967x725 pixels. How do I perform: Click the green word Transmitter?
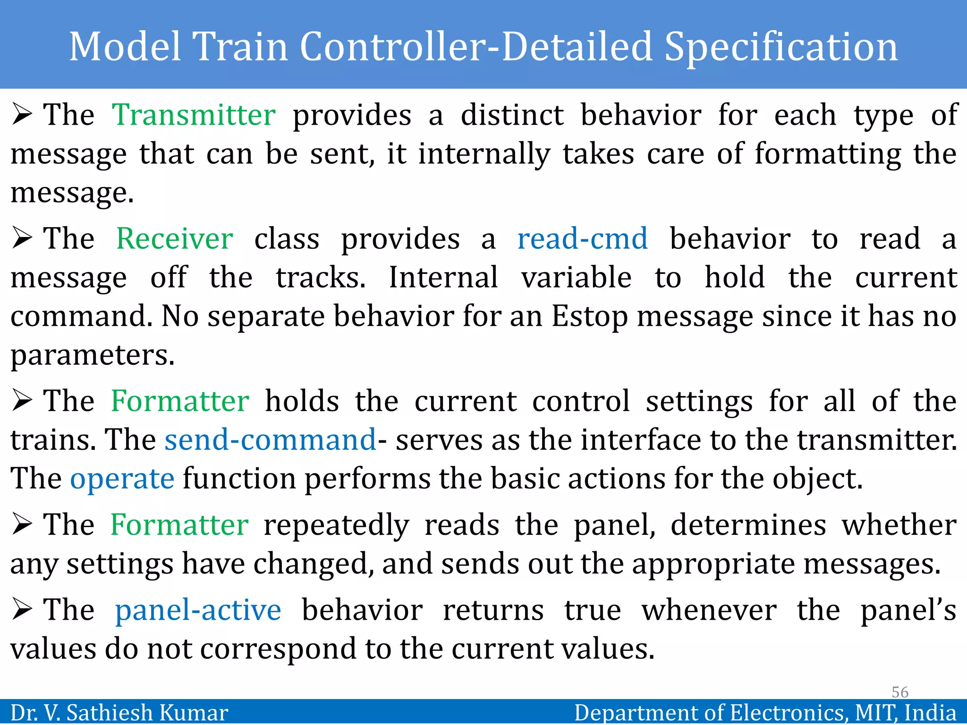tap(194, 115)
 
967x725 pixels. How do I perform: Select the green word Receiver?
tap(174, 238)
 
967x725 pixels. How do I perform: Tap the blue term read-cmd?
tap(582, 238)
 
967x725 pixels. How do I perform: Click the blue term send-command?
tap(270, 440)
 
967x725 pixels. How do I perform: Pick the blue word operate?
tap(122, 479)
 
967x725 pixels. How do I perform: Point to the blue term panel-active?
tap(198, 610)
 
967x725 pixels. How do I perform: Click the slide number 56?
tap(899, 692)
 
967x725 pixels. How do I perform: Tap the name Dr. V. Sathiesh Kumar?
tap(119, 713)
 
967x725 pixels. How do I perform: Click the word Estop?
tap(589, 316)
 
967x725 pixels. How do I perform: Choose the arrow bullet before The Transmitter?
tap(22, 115)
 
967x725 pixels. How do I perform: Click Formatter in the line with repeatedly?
tap(179, 525)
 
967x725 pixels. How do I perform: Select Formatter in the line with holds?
tap(180, 401)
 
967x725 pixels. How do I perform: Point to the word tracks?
tap(320, 278)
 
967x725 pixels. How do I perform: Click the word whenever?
tap(709, 610)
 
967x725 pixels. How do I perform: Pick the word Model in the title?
tap(125, 47)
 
